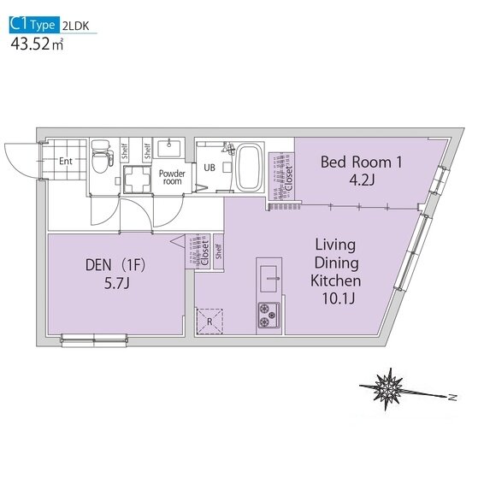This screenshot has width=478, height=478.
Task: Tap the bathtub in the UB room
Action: (x=250, y=168)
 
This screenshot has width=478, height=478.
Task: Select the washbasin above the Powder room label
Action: (x=168, y=148)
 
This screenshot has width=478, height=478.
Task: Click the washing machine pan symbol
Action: (x=137, y=180)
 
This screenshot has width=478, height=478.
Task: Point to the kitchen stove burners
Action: (x=269, y=315)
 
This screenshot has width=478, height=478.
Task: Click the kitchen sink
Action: (x=269, y=278)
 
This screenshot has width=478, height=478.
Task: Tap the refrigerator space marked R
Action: (x=209, y=322)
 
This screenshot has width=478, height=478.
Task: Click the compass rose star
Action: (x=387, y=388)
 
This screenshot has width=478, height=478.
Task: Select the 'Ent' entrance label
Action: (x=66, y=161)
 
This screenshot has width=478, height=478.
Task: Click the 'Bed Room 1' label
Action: (x=361, y=162)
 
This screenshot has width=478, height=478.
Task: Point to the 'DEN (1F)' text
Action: (x=115, y=265)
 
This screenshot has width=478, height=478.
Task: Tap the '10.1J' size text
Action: (x=339, y=298)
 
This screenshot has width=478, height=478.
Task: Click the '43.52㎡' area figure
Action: (x=37, y=44)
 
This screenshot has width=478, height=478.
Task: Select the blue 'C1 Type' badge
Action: (x=34, y=25)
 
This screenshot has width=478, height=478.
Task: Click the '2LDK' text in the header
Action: (x=75, y=27)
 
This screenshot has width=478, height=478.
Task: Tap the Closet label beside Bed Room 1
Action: (x=288, y=178)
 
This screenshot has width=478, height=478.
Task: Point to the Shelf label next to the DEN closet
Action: (x=218, y=251)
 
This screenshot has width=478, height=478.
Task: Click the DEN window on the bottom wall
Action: (x=94, y=340)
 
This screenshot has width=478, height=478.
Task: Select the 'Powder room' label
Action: (x=172, y=177)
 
